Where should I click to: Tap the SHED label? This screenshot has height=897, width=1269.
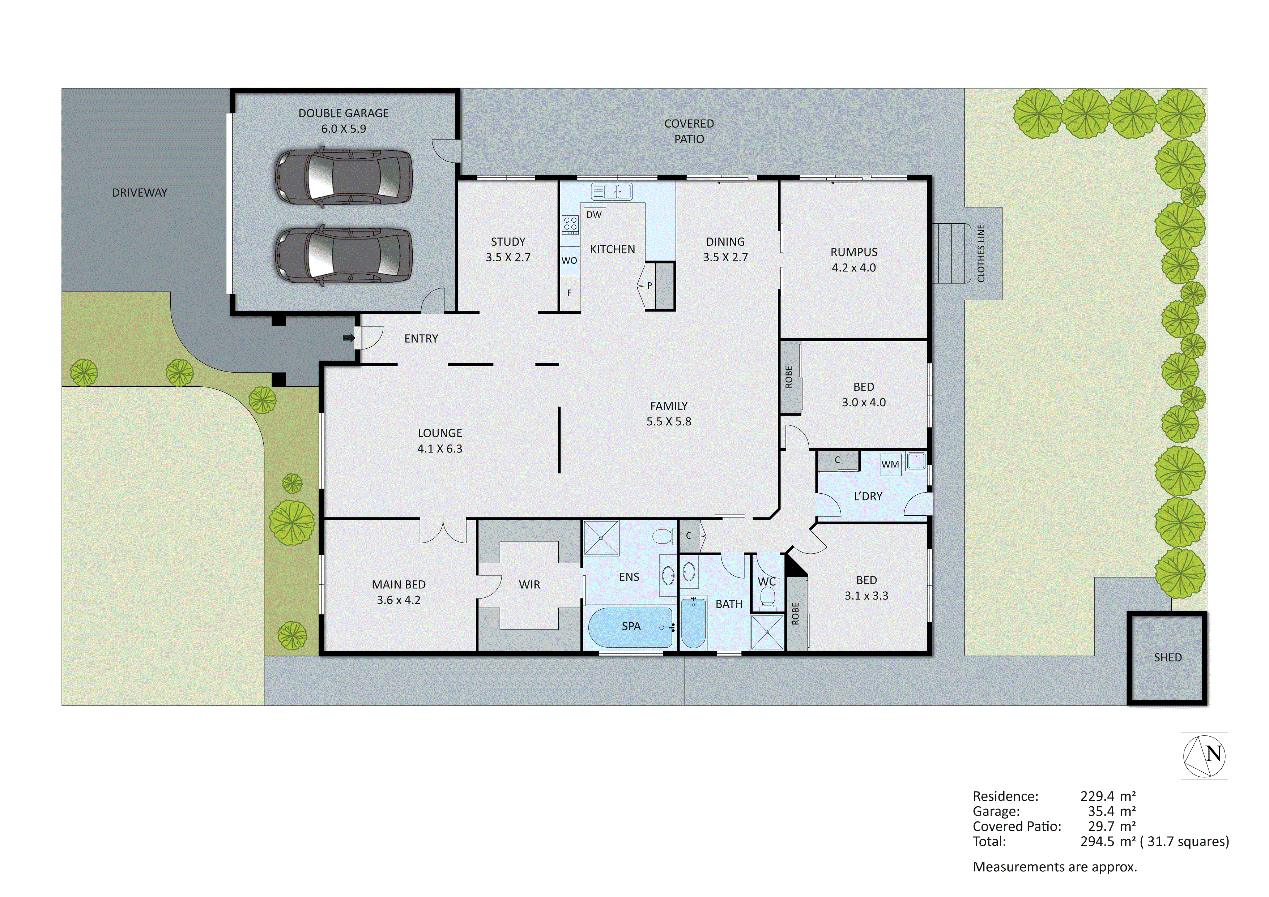[x=1167, y=657]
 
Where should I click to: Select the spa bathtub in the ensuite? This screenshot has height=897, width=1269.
[x=630, y=627]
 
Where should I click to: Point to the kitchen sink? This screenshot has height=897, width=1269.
[x=611, y=192]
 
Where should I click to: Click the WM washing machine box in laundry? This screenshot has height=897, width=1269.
[x=890, y=464]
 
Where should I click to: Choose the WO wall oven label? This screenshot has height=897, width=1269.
[x=569, y=261]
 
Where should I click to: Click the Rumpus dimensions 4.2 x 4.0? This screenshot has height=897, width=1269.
[x=853, y=268]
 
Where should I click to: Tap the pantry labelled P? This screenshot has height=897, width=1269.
[x=650, y=286]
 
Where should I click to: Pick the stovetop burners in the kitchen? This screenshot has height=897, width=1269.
[x=570, y=224]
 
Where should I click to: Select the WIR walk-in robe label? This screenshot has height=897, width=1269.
[x=529, y=584]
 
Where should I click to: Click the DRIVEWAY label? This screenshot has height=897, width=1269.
[x=139, y=193]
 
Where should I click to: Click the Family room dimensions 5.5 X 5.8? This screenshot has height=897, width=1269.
[x=669, y=421]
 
